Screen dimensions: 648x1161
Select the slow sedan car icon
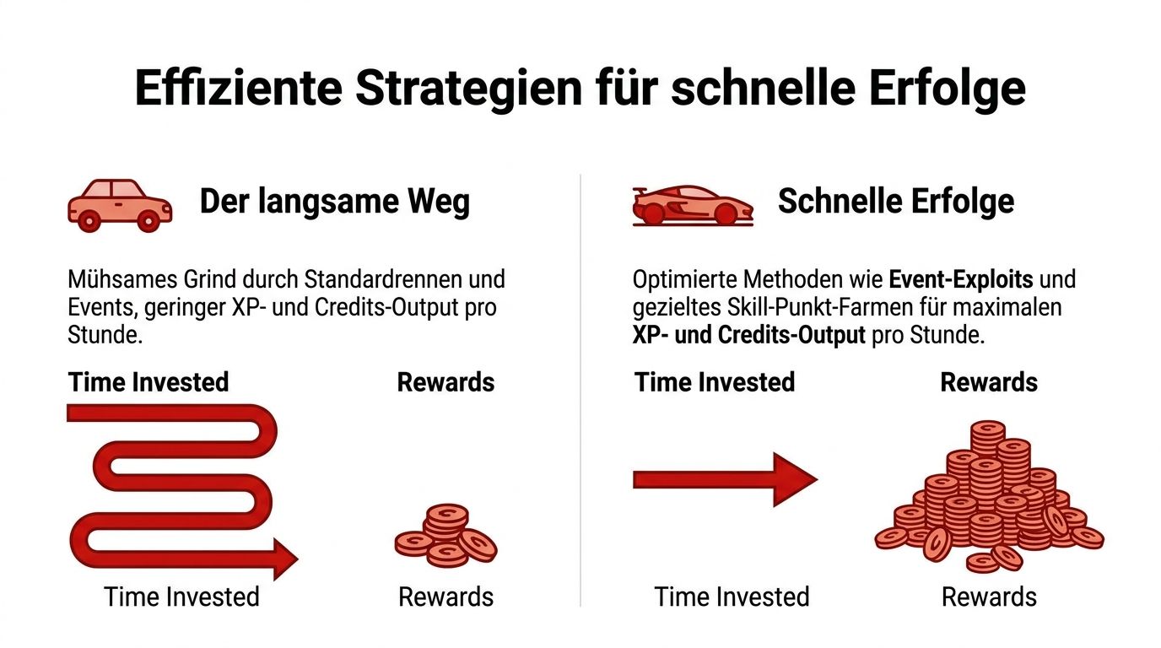[119, 205]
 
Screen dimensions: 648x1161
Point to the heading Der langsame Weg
[334, 202]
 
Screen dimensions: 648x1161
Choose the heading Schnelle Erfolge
[896, 202]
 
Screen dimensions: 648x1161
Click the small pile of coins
[445, 536]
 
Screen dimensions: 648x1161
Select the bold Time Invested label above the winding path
[148, 382]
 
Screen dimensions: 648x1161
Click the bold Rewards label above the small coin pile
[445, 382]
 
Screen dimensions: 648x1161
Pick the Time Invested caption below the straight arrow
[732, 597]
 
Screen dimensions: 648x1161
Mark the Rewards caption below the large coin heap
[989, 597]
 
